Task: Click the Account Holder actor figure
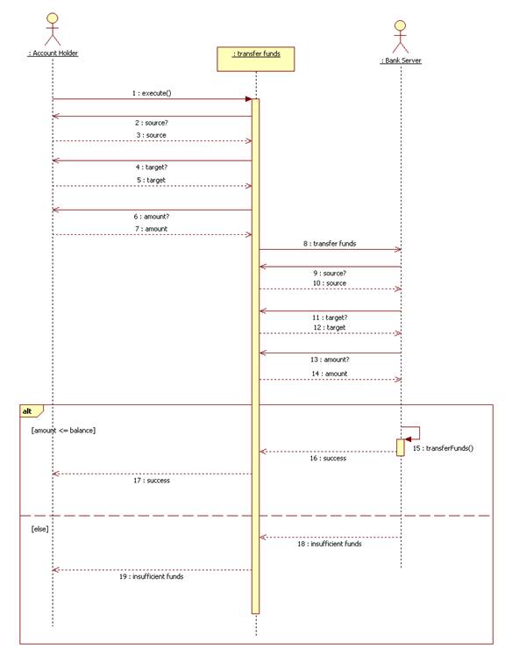(x=53, y=29)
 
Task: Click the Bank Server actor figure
(x=401, y=37)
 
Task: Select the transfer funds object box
(x=256, y=59)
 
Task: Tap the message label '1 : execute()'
(x=152, y=93)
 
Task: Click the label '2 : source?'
(x=152, y=123)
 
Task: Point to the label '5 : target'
(x=151, y=181)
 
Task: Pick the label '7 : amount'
(x=151, y=229)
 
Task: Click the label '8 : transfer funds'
(x=330, y=244)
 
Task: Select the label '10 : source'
(x=330, y=283)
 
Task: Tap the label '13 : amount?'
(x=330, y=360)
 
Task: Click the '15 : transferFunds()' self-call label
(x=443, y=448)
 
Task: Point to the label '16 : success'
(x=328, y=459)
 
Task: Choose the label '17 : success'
(x=152, y=481)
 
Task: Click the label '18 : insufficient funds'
(x=330, y=544)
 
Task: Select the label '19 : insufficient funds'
(x=151, y=576)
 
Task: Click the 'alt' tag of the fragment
(x=27, y=411)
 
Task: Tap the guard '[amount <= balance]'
(x=63, y=431)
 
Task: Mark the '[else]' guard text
(x=39, y=529)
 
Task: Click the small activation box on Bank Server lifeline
(x=401, y=447)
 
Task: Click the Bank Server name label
(x=401, y=61)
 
